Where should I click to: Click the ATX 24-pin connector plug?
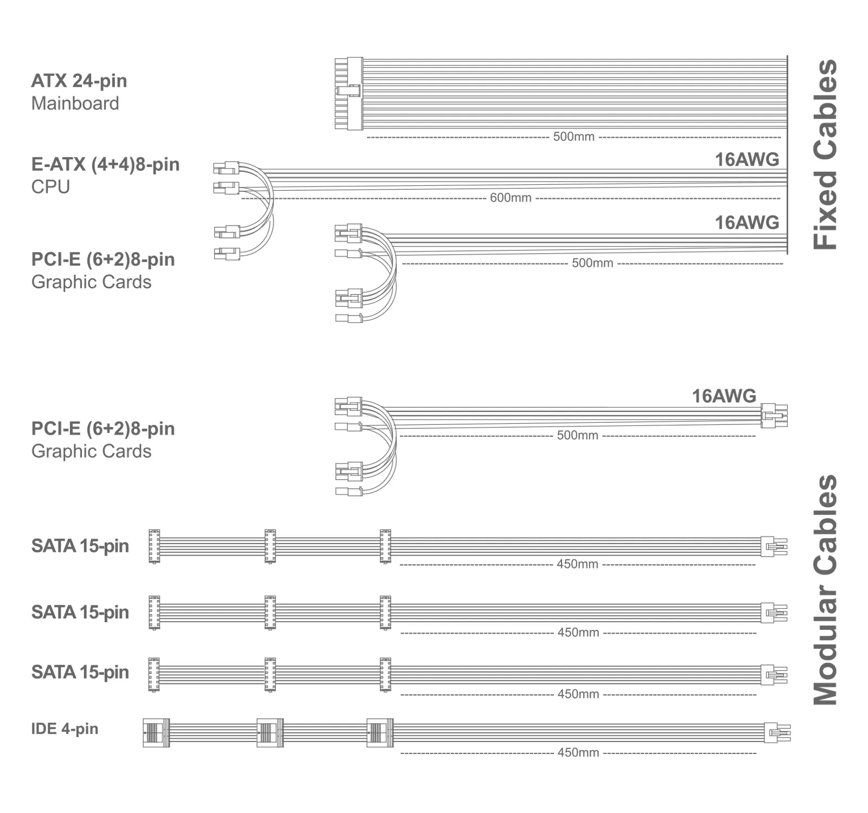coord(348,94)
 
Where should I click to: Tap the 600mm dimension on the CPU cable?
coord(510,198)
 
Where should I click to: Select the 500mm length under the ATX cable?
coord(573,137)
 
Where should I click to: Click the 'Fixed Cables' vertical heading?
coord(825,154)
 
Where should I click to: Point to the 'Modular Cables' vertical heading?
coord(825,590)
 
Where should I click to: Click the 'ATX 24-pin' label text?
coord(79,81)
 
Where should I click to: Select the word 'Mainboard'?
coord(75,103)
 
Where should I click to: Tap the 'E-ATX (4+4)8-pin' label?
coord(105,164)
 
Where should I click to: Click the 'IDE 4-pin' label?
coord(65,728)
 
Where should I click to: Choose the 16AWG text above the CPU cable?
coord(746,159)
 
